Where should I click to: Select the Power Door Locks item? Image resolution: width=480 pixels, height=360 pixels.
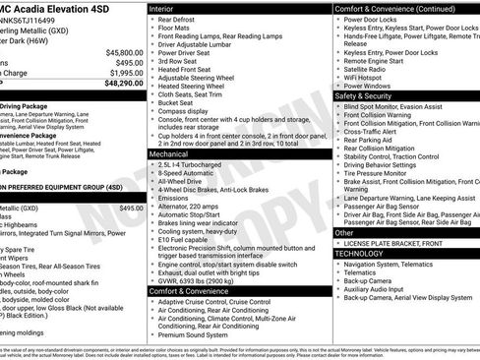tap(373, 19)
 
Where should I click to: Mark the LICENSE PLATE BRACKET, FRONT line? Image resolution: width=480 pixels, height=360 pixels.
tap(404, 242)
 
